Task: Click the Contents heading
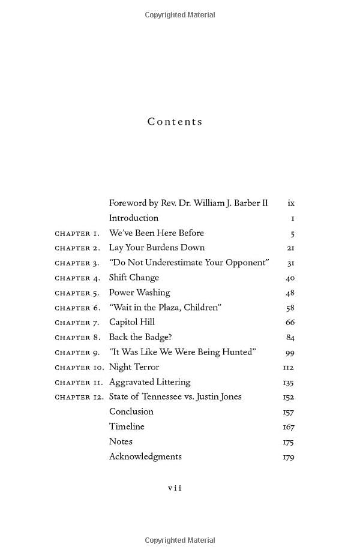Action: click(x=175, y=122)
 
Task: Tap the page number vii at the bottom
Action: click(x=175, y=488)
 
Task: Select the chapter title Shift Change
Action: click(x=134, y=278)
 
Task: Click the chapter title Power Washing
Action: click(x=139, y=293)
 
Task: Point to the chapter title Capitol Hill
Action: click(x=132, y=322)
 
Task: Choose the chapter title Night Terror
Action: click(x=134, y=367)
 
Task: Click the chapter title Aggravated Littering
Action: click(x=149, y=382)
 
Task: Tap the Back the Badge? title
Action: click(x=140, y=337)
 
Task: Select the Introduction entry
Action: click(x=134, y=218)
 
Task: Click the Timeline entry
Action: click(x=127, y=426)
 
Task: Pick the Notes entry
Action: click(x=121, y=441)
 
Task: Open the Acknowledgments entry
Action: click(x=145, y=456)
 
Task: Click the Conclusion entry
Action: click(x=131, y=411)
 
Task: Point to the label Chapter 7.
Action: click(x=77, y=323)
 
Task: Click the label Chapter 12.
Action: click(x=79, y=397)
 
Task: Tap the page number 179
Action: click(x=288, y=457)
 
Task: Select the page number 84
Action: click(x=290, y=338)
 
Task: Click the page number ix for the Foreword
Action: click(x=291, y=203)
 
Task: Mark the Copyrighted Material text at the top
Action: click(x=180, y=15)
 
